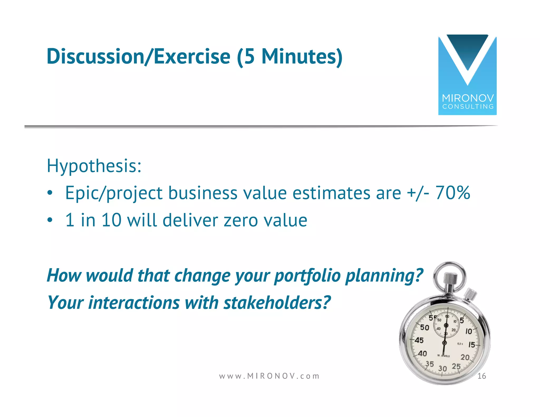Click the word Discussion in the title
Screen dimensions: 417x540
coord(95,56)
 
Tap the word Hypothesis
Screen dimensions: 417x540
coord(94,166)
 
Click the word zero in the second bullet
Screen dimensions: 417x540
coord(240,220)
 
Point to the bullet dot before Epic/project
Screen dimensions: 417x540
coord(50,193)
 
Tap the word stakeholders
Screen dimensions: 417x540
coord(277,303)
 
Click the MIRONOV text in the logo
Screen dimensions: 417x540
coord(468,98)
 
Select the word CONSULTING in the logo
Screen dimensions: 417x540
coord(468,107)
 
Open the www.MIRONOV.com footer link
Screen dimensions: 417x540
coord(269,376)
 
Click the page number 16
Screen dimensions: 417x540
coord(482,376)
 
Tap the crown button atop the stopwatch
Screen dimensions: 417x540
coord(450,281)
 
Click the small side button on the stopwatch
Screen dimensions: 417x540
coord(470,294)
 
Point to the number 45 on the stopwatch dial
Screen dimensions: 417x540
coord(419,340)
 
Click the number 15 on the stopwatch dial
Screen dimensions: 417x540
coord(472,345)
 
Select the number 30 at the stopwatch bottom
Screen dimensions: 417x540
coord(442,368)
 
